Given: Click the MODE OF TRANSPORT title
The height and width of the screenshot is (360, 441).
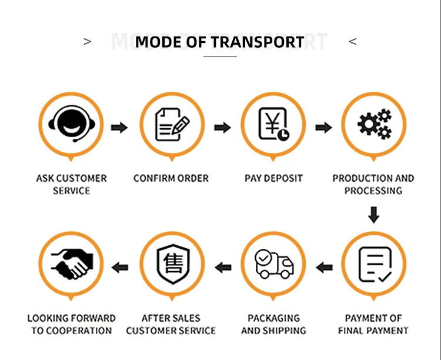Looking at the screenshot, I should (220, 42).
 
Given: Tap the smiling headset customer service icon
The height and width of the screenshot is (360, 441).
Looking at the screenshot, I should (71, 125).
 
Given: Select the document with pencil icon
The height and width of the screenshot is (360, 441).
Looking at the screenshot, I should (172, 125).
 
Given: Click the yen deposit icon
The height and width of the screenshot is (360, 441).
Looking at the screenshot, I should (273, 125).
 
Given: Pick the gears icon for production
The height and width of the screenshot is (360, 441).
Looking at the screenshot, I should (374, 125).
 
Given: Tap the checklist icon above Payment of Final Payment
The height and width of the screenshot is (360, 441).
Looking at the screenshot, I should (374, 265).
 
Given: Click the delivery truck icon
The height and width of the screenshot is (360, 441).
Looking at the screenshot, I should (273, 265).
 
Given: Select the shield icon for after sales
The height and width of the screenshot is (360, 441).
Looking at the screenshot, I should (172, 265).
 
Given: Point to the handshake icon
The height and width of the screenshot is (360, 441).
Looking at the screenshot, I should (71, 264).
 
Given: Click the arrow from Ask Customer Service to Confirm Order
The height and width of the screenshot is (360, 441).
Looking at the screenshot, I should (119, 127).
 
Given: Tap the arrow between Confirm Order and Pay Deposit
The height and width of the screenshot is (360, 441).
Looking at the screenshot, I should (222, 127).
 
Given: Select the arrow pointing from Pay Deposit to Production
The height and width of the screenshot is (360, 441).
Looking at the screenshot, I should (324, 127).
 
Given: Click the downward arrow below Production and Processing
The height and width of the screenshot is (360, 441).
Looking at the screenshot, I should (373, 215).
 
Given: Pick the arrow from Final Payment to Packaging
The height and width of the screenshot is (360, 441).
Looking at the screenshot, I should (324, 268).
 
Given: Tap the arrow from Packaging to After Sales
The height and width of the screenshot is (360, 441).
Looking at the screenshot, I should (222, 268).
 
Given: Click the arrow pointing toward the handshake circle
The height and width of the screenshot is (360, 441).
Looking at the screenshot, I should (120, 268).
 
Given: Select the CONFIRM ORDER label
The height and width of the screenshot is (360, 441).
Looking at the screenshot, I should (171, 178).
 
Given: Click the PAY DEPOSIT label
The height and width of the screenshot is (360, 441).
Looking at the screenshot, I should (273, 178).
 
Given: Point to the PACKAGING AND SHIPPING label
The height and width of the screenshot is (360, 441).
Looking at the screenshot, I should (273, 324).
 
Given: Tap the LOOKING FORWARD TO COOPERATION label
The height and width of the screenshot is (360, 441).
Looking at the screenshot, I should (71, 324).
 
